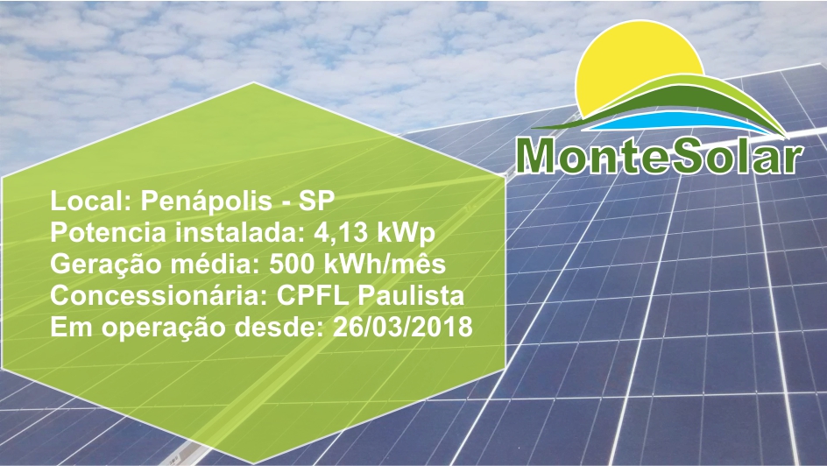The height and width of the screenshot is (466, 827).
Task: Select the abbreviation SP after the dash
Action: (316, 201)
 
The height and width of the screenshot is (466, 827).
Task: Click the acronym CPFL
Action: (313, 296)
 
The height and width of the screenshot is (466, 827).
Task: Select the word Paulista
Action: (412, 295)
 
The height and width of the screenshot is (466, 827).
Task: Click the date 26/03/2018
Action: (402, 327)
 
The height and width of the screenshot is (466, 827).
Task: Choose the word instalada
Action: (240, 232)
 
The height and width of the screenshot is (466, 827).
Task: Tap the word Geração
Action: (105, 265)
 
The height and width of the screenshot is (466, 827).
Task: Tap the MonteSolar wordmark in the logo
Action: (660, 156)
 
